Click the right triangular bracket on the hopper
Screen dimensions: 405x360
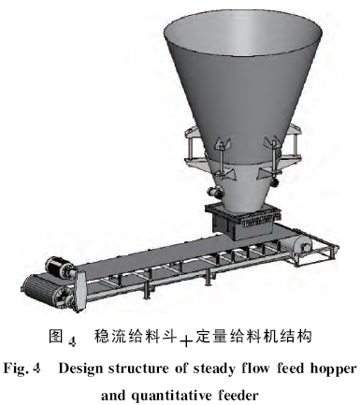point(271,142)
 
